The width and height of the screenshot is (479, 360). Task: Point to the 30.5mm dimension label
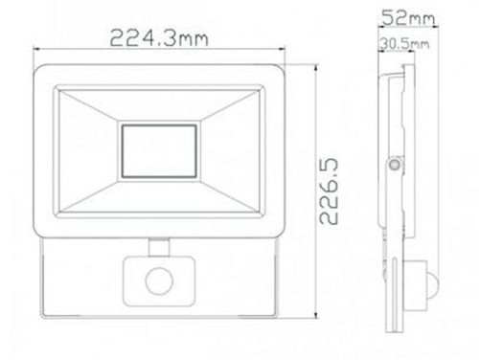tap(403, 43)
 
